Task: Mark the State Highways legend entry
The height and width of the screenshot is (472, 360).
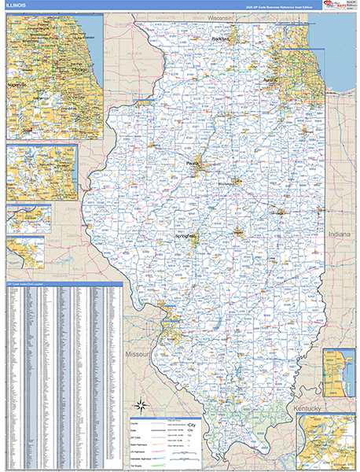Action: [142, 444]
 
